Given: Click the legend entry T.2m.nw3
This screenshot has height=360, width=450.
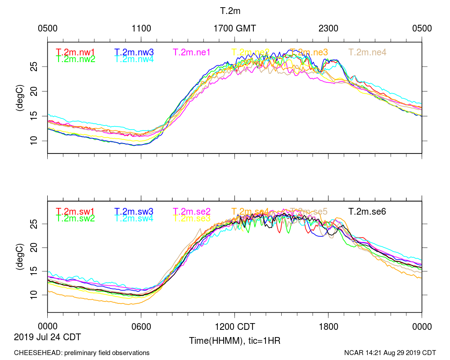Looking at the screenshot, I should point(134,52).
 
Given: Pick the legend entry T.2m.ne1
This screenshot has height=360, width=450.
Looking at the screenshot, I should point(192,52).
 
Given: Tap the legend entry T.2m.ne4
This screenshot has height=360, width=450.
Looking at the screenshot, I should point(368,52).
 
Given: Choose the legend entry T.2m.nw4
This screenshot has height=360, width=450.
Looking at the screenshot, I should point(134,59).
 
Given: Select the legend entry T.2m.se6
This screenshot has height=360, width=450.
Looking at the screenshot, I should point(368,211).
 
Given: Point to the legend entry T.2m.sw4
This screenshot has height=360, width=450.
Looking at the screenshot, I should point(134,218).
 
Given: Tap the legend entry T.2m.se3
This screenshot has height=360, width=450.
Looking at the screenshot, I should point(192,218).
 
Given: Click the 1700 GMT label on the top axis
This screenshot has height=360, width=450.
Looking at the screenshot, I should point(234,28).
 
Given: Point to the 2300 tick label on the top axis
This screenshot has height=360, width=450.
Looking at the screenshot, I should point(328,28).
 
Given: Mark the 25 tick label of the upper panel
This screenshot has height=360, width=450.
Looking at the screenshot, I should point(38,67).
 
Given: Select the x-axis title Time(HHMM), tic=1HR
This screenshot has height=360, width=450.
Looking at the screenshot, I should point(234,341).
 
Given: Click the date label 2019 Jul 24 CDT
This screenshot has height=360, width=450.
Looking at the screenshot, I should point(48,337).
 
